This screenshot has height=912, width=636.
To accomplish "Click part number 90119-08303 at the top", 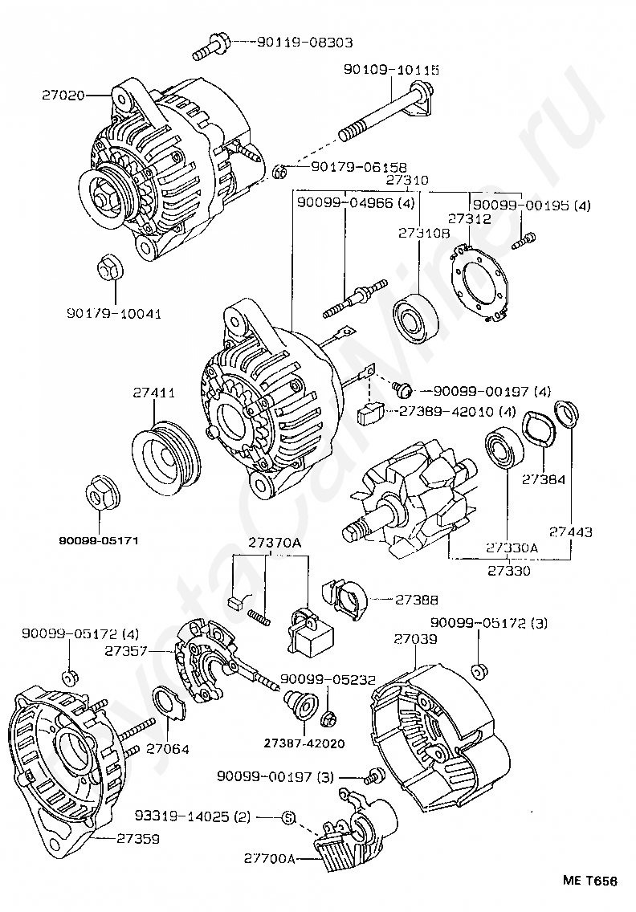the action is [304, 43].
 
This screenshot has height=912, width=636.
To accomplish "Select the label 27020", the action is [63, 95].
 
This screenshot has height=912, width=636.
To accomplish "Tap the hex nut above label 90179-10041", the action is [109, 268].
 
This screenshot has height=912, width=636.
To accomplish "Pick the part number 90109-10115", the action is [391, 70].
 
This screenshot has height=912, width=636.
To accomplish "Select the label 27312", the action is [469, 218].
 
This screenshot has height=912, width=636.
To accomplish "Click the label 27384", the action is [544, 480].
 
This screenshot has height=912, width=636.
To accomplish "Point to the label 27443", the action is [571, 531].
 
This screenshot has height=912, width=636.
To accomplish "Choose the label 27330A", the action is [512, 548].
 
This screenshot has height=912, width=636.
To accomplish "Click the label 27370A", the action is [275, 542].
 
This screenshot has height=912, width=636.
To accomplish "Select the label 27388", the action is [417, 600].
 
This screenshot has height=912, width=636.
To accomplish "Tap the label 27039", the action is [415, 638].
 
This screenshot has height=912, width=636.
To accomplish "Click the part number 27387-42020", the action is [304, 743].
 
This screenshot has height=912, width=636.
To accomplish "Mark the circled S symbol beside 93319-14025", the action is [288, 817].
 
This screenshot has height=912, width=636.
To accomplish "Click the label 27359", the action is [138, 839].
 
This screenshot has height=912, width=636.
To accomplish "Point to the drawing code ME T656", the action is [589, 881].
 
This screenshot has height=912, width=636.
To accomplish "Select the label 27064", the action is [168, 748].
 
